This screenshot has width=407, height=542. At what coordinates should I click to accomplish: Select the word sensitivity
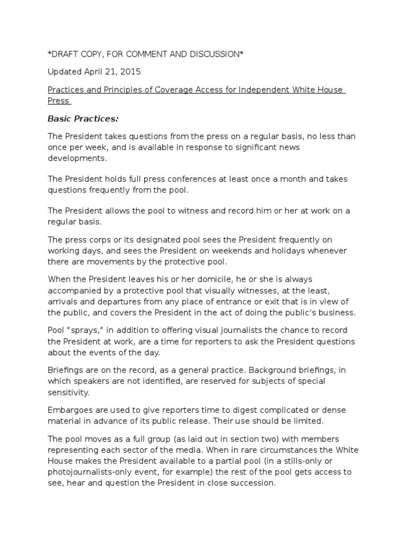tap(69, 392)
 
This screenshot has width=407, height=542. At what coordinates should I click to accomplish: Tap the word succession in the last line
tap(251, 482)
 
